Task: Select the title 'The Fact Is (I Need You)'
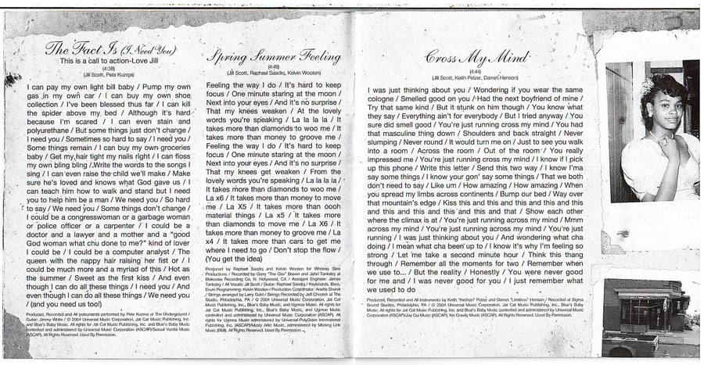[110, 48]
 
